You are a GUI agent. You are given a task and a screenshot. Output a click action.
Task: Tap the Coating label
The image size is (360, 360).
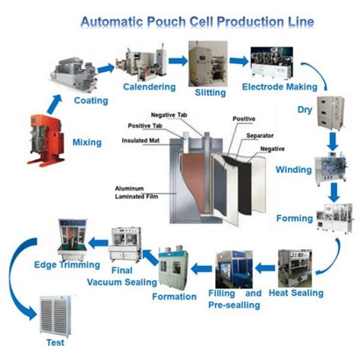(x=90, y=101)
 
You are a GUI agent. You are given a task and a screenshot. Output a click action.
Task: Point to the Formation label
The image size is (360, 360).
(x=174, y=296)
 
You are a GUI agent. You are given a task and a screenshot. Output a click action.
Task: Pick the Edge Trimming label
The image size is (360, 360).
(x=67, y=265)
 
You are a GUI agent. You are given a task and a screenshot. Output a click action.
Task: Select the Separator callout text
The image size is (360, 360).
(x=261, y=134)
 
